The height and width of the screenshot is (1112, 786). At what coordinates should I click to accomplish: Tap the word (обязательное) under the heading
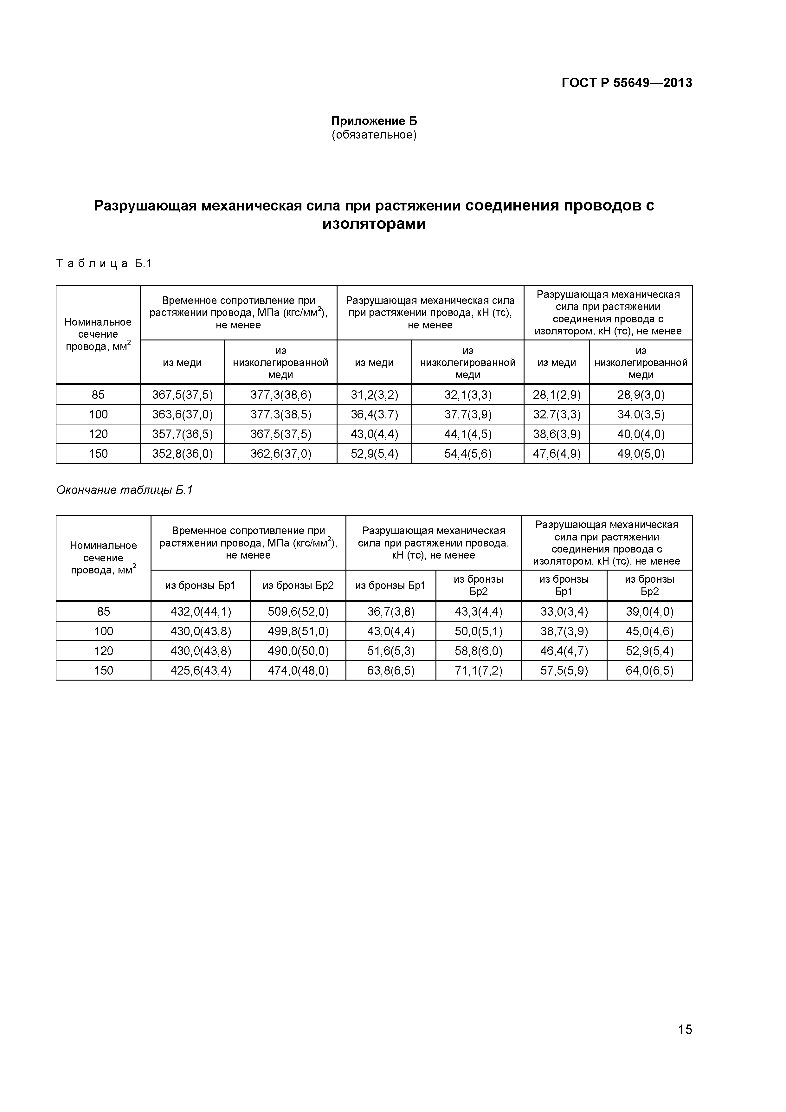[x=374, y=135]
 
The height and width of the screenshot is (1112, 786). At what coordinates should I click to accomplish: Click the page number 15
[x=685, y=1043]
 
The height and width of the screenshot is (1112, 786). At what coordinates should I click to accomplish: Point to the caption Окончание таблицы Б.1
[x=125, y=490]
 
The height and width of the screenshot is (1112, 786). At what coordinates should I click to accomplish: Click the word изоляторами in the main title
[x=374, y=224]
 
